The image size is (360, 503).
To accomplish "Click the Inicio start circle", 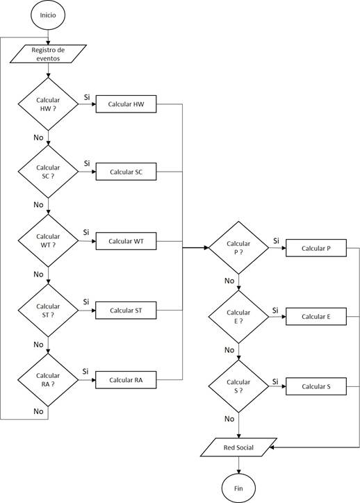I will pyautogui.click(x=48, y=15).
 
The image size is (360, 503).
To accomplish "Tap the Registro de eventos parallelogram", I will pyautogui.click(x=49, y=54).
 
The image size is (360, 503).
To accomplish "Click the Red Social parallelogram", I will pyautogui.click(x=238, y=447).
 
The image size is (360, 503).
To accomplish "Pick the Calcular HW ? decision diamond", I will pyautogui.click(x=48, y=104).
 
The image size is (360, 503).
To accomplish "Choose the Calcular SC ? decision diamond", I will pyautogui.click(x=48, y=172).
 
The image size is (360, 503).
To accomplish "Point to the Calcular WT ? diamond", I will pyautogui.click(x=48, y=240).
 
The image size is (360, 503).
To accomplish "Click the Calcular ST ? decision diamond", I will pyautogui.click(x=48, y=310).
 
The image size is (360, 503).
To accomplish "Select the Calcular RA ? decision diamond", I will pyautogui.click(x=48, y=379).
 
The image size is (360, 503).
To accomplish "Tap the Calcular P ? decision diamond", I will pyautogui.click(x=238, y=247).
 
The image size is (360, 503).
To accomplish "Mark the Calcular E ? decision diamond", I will pyautogui.click(x=238, y=316).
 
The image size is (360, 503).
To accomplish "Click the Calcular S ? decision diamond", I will pyautogui.click(x=238, y=386).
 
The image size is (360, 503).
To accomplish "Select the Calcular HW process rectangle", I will pyautogui.click(x=126, y=104).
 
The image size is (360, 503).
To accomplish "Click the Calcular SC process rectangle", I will pyautogui.click(x=126, y=172).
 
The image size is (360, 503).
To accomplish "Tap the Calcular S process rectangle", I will pyautogui.click(x=316, y=386).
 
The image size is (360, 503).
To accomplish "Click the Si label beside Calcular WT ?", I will pyautogui.click(x=86, y=232).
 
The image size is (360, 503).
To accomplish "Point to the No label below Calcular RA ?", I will pyautogui.click(x=38, y=411).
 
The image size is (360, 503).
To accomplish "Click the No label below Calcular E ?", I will pyautogui.click(x=229, y=349).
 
